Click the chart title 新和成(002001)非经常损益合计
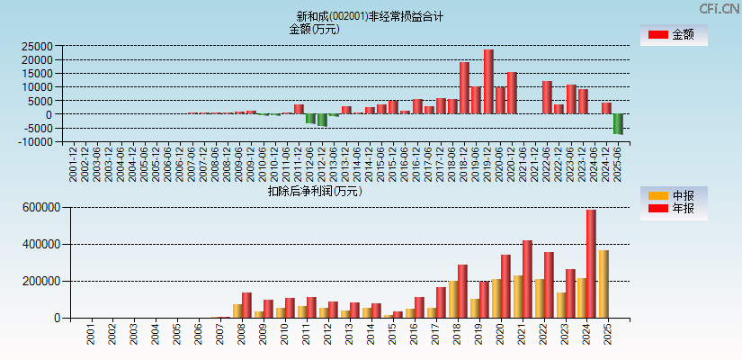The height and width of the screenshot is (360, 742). click(x=370, y=16)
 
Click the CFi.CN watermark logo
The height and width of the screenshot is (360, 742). click(x=720, y=8)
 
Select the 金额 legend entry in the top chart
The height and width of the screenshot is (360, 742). click(x=674, y=35)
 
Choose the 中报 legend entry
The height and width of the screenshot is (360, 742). click(x=674, y=195)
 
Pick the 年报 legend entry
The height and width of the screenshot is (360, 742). click(x=674, y=209)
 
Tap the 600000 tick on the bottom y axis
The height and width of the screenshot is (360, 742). click(x=42, y=207)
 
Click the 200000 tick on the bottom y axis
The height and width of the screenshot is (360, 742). click(x=42, y=281)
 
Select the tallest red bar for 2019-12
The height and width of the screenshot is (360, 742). click(x=488, y=81)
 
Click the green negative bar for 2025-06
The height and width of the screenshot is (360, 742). click(x=618, y=124)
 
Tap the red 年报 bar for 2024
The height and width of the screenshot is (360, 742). click(x=591, y=264)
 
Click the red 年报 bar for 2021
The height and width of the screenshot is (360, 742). click(x=527, y=279)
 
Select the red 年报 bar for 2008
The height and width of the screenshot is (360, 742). click(x=246, y=305)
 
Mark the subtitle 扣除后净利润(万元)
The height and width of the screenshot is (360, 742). click(x=314, y=191)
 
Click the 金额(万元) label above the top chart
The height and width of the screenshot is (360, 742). click(x=314, y=29)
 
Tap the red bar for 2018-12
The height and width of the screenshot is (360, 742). click(x=464, y=88)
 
